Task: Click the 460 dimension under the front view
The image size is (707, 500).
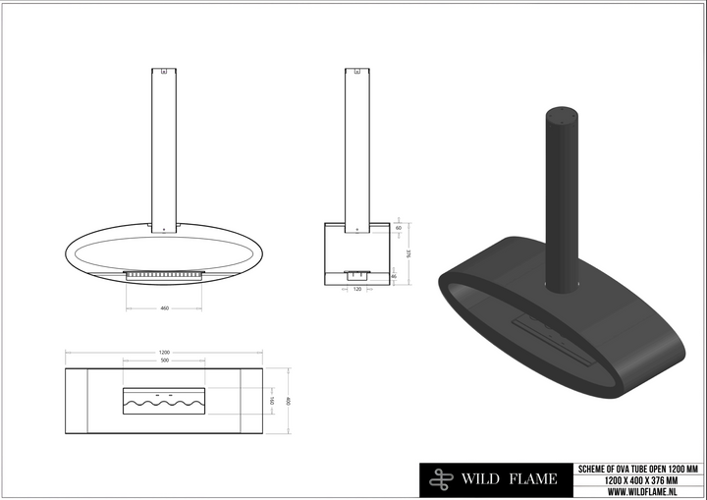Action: coord(164,308)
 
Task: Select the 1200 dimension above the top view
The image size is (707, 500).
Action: coord(164,352)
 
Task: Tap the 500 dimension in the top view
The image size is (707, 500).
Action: coord(164,361)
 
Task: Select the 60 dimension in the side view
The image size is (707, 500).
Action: coord(398,228)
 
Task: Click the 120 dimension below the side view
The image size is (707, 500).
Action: coord(356,291)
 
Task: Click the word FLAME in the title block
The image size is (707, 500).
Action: coord(536,480)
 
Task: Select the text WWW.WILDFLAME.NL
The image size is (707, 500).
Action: coord(638,490)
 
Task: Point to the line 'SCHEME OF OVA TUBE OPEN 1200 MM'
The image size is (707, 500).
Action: coord(638,469)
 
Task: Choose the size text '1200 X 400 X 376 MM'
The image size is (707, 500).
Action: coord(638,479)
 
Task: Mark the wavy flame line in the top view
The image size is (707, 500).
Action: coord(164,403)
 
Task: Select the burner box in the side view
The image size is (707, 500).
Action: coord(356,275)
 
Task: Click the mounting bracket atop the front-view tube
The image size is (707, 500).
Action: coord(164,72)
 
